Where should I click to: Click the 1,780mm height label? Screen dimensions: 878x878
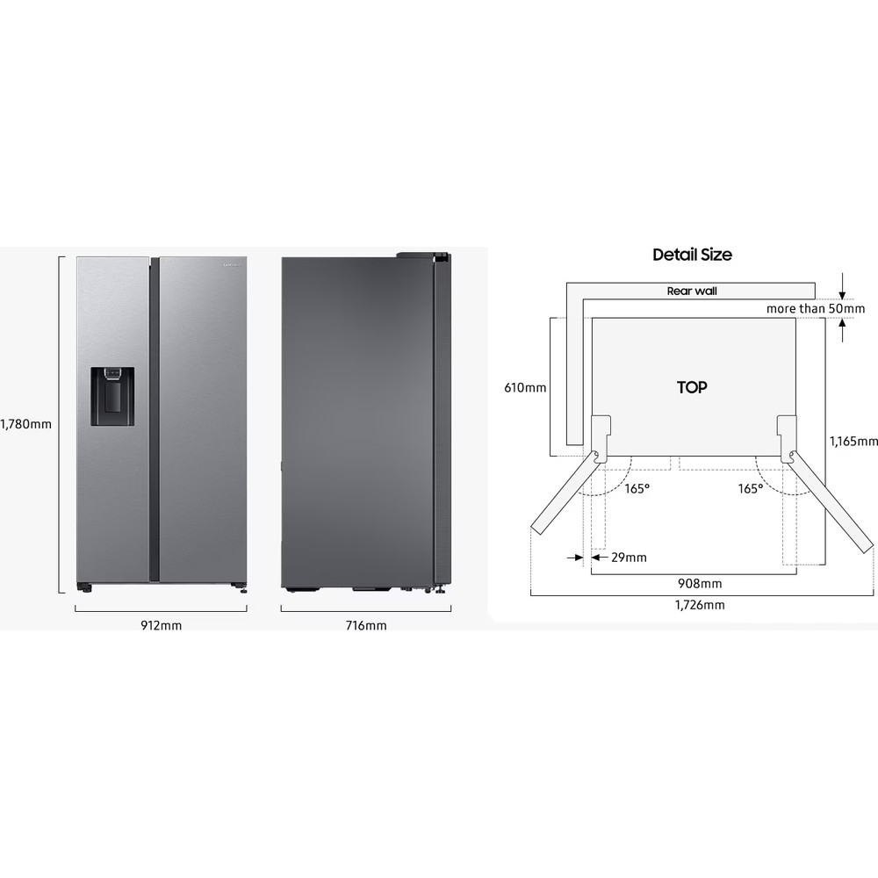click(26, 424)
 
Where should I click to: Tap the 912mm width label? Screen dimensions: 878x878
click(161, 626)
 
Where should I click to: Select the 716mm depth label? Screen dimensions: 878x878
click(365, 626)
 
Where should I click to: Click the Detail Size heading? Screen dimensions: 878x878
click(692, 255)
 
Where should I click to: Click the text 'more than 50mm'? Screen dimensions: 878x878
click(815, 308)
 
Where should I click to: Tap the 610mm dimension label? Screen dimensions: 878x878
click(525, 387)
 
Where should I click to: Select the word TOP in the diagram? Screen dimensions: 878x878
click(692, 387)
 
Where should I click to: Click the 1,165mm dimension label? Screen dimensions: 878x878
click(853, 442)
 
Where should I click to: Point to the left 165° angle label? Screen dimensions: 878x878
click(637, 488)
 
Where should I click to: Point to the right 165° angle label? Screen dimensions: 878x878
click(750, 488)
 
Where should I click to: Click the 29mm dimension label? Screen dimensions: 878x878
click(629, 557)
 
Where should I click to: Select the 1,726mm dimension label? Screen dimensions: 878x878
click(700, 605)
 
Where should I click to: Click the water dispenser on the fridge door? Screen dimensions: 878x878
click(112, 397)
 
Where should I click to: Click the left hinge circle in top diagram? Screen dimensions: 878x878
click(596, 455)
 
